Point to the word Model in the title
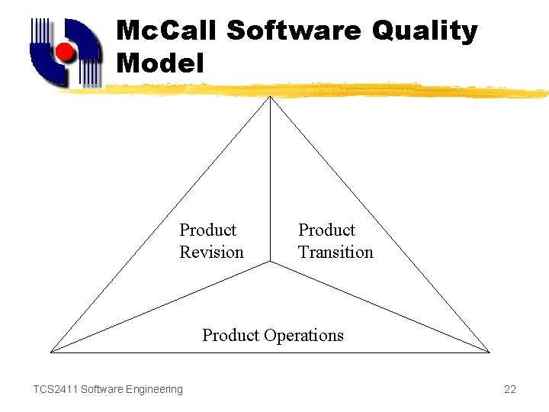tap(160, 63)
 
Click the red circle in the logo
tap(65, 53)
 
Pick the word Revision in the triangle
tap(211, 253)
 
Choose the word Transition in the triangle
tap(335, 253)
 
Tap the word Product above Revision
tap(207, 230)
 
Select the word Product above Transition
tap(326, 230)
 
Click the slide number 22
tap(510, 390)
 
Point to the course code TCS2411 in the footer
tap(54, 390)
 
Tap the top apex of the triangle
tap(271, 97)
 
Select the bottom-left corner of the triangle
tap(51, 352)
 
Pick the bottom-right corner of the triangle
tap(490, 352)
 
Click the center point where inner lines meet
tap(271, 262)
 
